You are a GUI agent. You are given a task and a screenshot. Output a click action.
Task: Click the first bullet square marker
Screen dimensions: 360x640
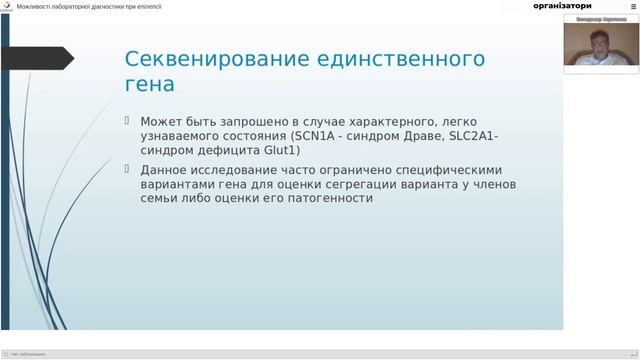[x=127, y=120]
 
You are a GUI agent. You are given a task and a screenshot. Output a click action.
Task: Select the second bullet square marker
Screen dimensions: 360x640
[x=127, y=169]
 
